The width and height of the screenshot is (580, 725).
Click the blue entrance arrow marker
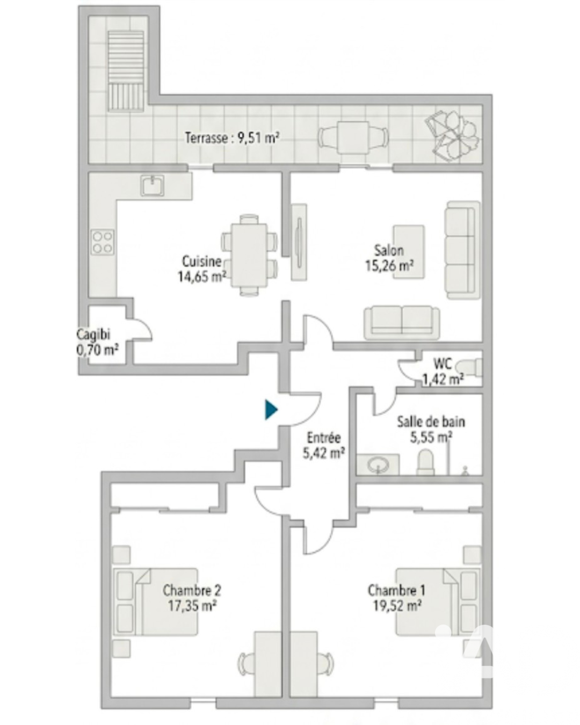pyautogui.click(x=271, y=410)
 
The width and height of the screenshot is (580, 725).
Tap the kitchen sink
pyautogui.click(x=153, y=185)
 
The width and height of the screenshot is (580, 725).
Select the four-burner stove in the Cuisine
pyautogui.click(x=103, y=242)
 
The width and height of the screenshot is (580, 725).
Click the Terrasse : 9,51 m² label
pyautogui.click(x=232, y=138)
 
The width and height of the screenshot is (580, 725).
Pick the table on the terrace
pyautogui.click(x=353, y=137)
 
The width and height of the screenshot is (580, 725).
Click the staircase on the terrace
pyautogui.click(x=126, y=71)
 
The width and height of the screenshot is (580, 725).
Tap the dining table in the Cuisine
pyautogui.click(x=249, y=255)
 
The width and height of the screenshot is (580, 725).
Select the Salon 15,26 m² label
pyautogui.click(x=389, y=258)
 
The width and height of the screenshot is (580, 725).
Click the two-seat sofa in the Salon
pyautogui.click(x=402, y=322)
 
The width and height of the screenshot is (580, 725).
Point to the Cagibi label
pyautogui.click(x=93, y=335)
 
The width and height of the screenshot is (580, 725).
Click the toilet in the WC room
pyautogui.click(x=469, y=367)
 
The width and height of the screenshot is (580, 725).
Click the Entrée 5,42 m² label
pyautogui.click(x=323, y=445)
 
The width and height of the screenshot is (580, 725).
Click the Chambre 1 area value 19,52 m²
pyautogui.click(x=397, y=606)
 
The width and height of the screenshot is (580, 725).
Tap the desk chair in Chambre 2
pyautogui.click(x=247, y=663)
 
